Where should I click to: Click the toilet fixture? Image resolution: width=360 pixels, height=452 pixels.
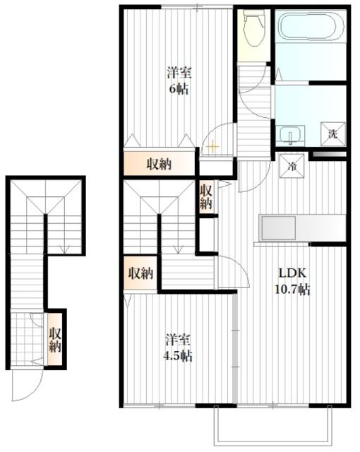253,28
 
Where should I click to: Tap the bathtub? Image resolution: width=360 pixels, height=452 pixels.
311,26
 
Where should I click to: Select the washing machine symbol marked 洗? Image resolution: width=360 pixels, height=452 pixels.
333,134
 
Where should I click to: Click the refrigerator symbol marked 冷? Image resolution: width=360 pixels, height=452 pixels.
292,166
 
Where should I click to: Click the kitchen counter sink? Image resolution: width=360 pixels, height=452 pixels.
278,228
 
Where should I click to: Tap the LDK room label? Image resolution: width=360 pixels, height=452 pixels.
292,273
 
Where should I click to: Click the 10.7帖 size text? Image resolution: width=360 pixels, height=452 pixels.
292,289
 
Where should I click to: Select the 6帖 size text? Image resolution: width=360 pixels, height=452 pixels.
179,89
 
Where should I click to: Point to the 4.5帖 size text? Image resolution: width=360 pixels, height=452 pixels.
178,356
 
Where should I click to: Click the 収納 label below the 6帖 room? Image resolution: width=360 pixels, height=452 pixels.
160,164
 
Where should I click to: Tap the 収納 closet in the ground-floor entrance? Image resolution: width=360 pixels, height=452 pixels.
55,340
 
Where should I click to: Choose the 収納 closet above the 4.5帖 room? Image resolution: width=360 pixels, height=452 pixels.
140,273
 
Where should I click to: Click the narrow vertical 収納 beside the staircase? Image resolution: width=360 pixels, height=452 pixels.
206,197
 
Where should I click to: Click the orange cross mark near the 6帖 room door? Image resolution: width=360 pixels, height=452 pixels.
212,147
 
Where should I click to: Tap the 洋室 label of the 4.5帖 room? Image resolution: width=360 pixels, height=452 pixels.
178,340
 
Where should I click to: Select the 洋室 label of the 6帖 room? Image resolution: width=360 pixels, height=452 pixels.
179,73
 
